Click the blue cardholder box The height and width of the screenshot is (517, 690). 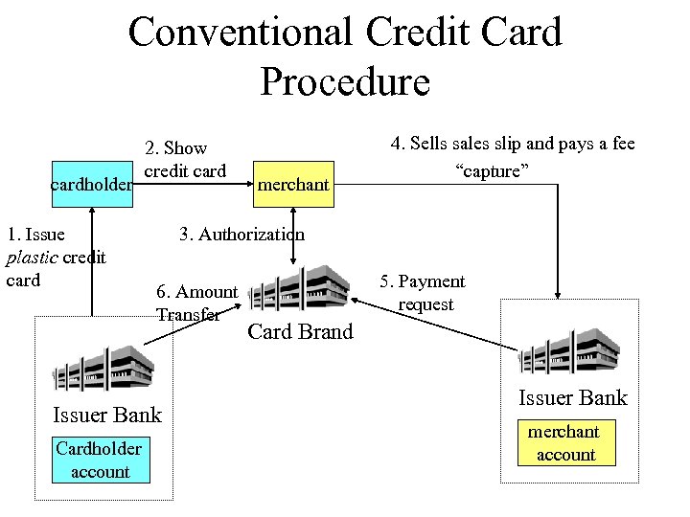point(92,184)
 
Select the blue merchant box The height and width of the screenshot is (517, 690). point(292,184)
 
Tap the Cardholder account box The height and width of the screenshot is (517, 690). point(99,460)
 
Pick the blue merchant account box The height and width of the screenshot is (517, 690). point(565,443)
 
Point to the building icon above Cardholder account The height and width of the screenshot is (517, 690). point(103,368)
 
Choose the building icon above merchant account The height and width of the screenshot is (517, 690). point(573,353)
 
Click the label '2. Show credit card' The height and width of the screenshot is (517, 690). point(185,159)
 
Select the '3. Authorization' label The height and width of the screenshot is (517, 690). point(241,234)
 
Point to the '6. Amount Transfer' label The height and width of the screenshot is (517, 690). point(196,303)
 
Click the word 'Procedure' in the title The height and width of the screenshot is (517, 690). point(345,81)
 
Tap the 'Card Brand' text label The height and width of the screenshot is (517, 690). point(300,332)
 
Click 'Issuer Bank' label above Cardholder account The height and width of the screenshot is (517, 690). point(107,415)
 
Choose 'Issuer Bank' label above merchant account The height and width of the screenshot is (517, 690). point(572,397)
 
